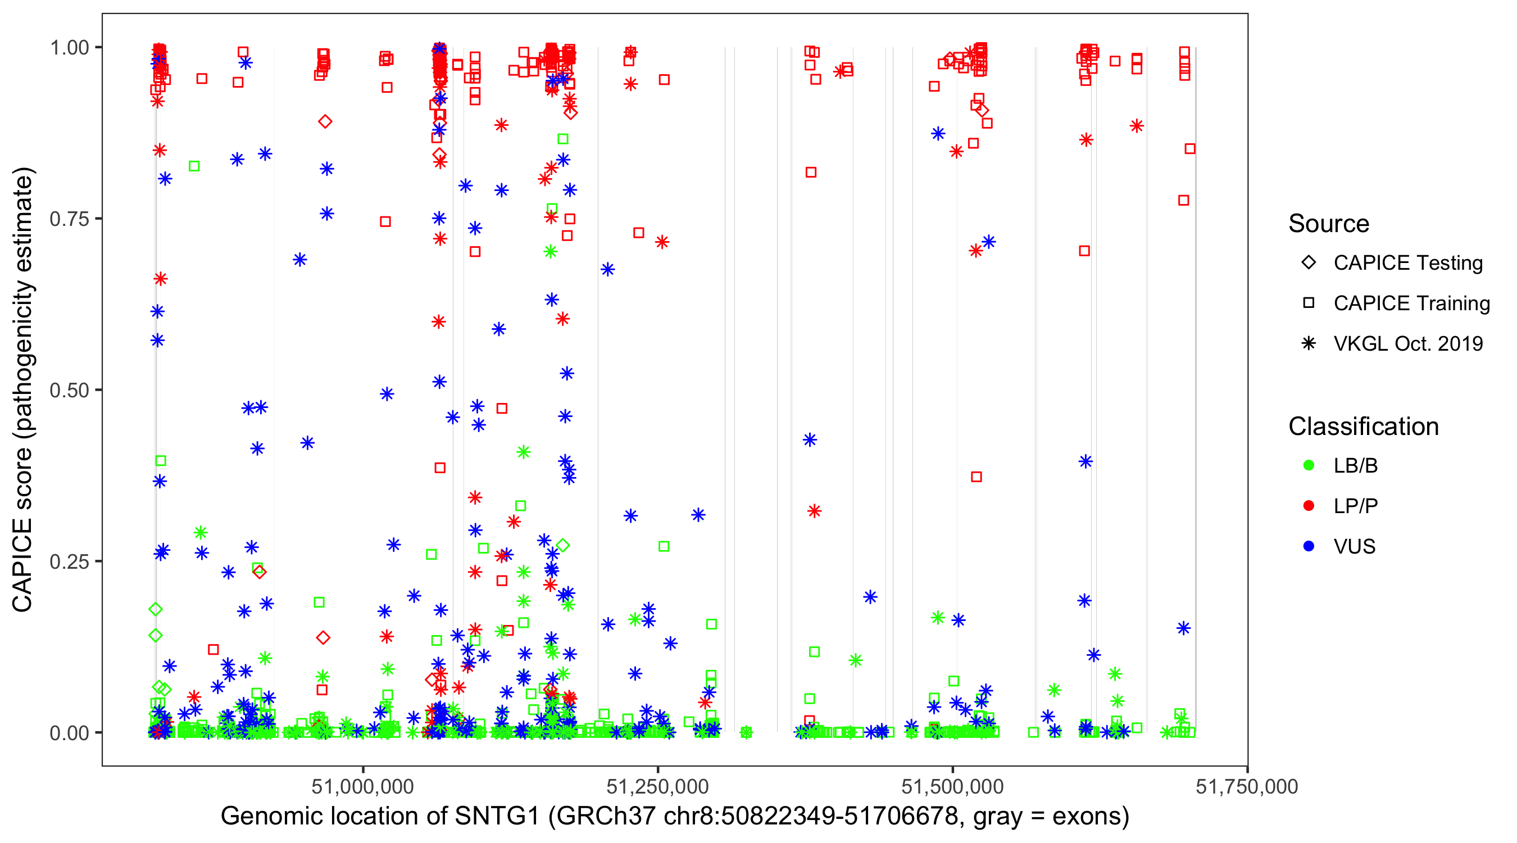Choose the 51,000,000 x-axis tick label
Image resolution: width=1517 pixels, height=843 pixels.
coord(363,786)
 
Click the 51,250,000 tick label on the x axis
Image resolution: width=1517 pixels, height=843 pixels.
coord(658,786)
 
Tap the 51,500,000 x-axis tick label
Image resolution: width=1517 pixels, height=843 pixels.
coord(952,786)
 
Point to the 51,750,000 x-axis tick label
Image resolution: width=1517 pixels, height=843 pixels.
coord(1247,786)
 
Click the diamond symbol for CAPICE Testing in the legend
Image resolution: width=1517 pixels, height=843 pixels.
coord(1309,263)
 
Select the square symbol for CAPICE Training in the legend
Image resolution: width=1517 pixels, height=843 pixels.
coord(1309,303)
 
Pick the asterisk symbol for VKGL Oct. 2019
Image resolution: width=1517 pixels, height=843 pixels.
coord(1309,343)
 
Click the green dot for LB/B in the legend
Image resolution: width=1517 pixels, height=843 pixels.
coord(1309,465)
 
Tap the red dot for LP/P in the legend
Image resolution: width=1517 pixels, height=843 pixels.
coord(1309,506)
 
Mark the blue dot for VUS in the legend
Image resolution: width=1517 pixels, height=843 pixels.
coord(1309,546)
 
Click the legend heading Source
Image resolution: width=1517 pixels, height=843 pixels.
coord(1329,224)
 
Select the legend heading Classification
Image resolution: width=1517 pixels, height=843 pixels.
coord(1363,427)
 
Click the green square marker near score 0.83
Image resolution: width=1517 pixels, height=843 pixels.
coord(194,166)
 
